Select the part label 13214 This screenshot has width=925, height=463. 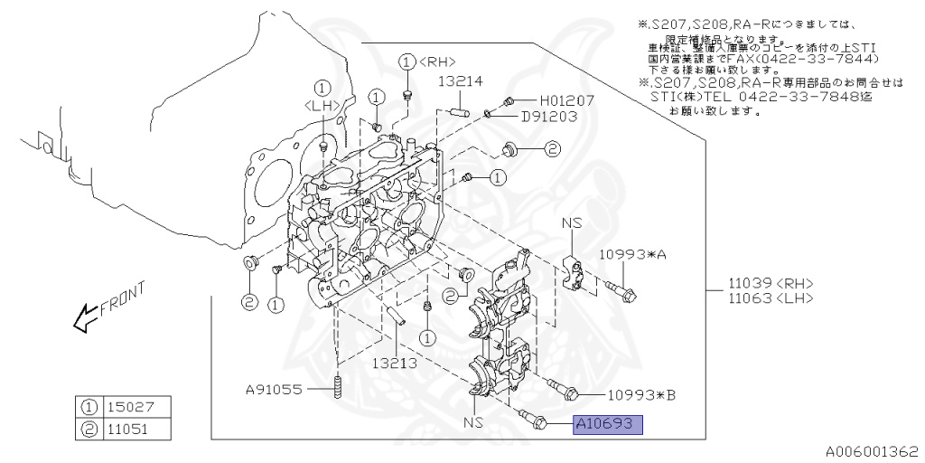click(x=460, y=81)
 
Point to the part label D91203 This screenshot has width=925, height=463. click(x=549, y=117)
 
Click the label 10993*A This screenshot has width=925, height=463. click(x=631, y=255)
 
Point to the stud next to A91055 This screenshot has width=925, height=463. click(x=337, y=390)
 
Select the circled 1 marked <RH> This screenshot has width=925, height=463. click(x=407, y=61)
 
